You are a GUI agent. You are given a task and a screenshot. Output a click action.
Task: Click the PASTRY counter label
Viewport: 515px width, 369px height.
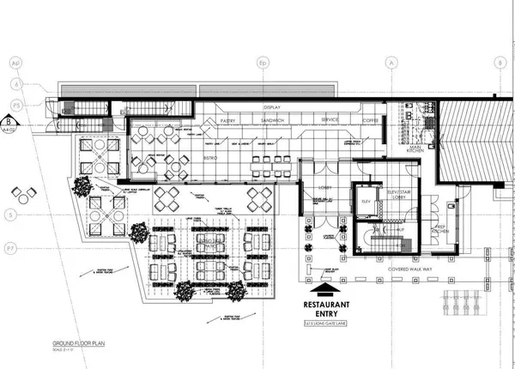pyautogui.click(x=228, y=122)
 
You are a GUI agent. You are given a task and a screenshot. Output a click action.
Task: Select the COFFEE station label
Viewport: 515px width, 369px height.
pyautogui.click(x=371, y=122)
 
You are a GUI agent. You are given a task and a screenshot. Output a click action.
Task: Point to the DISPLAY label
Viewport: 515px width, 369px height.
pyautogui.click(x=271, y=107)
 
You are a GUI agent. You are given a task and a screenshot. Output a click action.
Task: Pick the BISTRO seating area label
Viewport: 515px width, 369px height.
pyautogui.click(x=212, y=158)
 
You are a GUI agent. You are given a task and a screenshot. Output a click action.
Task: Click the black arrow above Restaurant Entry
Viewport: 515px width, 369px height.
pyautogui.click(x=327, y=288)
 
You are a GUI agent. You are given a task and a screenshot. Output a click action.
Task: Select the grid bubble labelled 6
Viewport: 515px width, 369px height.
pyautogui.click(x=13, y=83)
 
